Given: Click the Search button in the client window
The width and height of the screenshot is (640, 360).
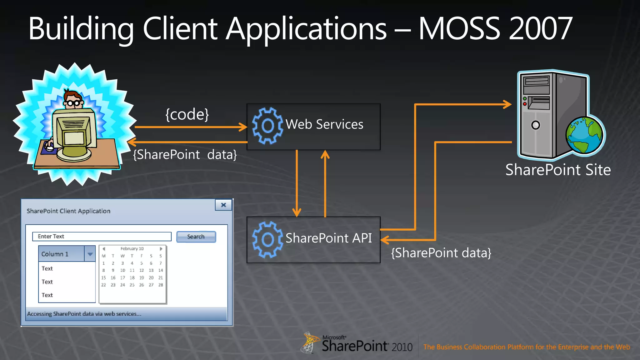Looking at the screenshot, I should coord(196,237).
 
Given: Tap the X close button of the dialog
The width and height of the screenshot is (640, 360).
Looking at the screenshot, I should coord(223,205).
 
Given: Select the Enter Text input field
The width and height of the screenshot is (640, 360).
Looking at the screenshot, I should coord(102,236).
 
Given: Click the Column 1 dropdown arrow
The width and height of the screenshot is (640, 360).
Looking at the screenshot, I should coord(90,254).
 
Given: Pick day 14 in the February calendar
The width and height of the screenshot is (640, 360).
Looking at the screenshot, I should coord(161,270).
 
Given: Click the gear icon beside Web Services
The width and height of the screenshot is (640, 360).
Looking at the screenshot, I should coord(267,126).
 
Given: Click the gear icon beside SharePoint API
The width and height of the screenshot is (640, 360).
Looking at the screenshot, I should coord(267,240).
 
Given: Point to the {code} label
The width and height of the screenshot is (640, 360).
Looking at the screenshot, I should coord(187,114).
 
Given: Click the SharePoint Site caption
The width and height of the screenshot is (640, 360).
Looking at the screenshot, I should coord(558,170).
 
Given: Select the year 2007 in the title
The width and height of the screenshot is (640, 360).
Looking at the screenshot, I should coord(541,29).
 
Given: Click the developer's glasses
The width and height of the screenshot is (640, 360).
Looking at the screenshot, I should coord(73,103).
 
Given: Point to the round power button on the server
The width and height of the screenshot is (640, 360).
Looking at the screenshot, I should coord(535,125).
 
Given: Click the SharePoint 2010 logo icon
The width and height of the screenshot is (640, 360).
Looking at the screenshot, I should coord(308,343).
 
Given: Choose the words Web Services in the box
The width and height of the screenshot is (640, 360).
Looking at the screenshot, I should coord(324,124).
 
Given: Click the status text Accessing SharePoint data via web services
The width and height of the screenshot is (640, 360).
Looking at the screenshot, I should coord(84,314).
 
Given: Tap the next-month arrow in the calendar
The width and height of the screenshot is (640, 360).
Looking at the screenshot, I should coord(161,249).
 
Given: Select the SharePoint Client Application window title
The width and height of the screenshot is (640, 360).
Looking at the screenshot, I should coord(68,211).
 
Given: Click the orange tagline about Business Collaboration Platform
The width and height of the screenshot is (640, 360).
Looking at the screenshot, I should coord(526,347).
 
